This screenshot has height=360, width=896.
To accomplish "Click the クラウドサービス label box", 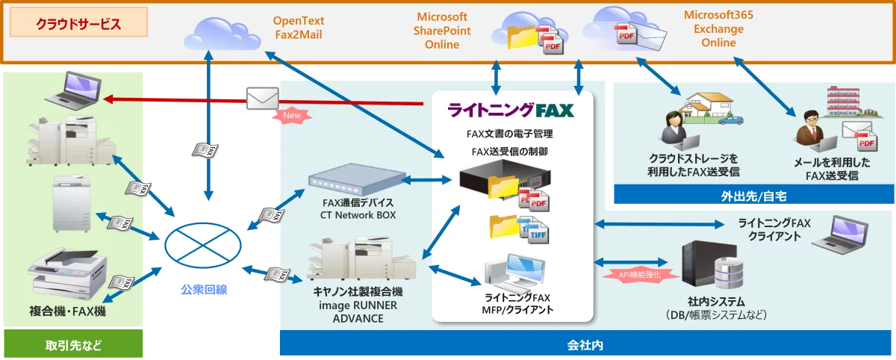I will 78,24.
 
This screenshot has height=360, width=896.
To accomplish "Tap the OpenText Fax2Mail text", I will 298,27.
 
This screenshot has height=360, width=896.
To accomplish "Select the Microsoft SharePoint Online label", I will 442,31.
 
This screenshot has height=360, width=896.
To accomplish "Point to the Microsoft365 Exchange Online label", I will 714,28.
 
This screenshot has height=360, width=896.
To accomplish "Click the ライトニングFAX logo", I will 511,111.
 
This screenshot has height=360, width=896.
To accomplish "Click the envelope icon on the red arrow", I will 261,98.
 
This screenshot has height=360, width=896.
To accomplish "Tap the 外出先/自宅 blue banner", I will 753,196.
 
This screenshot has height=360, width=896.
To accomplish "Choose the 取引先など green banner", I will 72,345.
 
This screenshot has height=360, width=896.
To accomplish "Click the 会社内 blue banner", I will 585,345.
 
